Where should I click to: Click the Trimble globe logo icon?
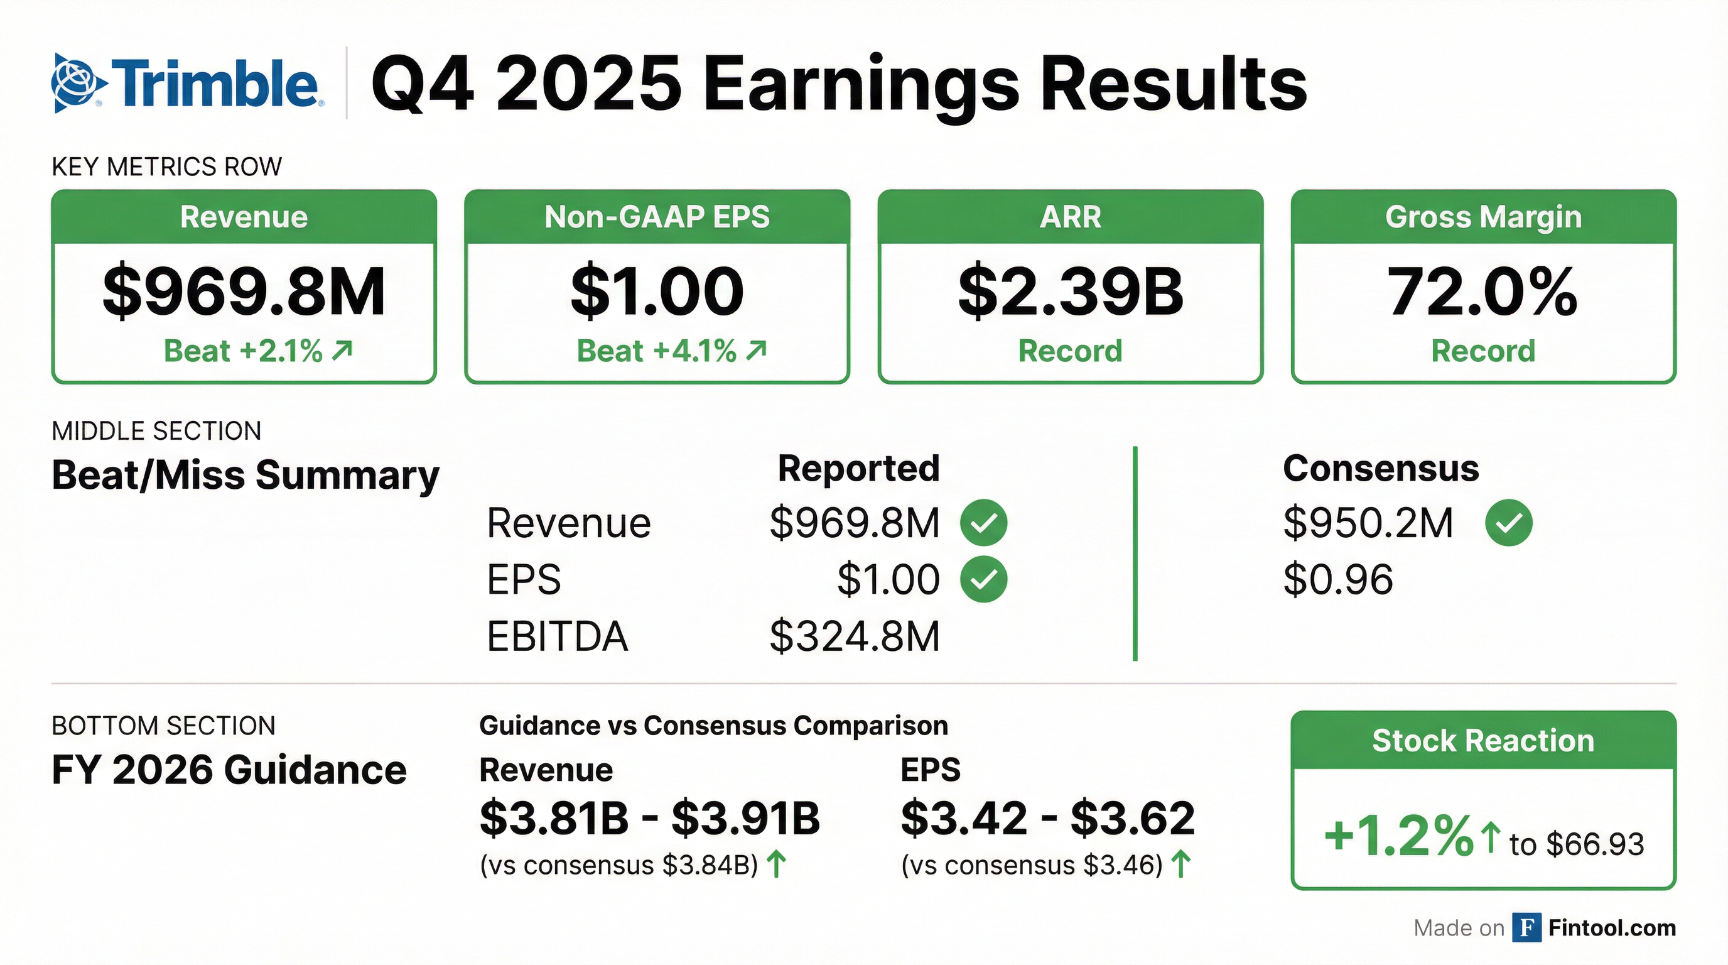point(78,83)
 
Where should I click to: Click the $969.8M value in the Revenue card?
point(244,292)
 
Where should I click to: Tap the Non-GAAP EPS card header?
point(657,217)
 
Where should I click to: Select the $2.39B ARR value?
point(1071,292)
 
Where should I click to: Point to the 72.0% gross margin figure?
point(1482,292)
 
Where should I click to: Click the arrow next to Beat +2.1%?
point(343,351)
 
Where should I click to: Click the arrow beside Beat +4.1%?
point(757,351)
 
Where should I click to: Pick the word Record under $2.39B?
point(1070,351)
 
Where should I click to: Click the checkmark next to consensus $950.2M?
point(1509,523)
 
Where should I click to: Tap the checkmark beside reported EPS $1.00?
point(983,579)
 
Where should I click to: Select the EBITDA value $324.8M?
point(855,636)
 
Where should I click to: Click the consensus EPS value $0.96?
point(1337,579)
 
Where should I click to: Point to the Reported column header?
point(858,469)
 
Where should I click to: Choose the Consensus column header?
point(1381,469)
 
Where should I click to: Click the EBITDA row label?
point(558,636)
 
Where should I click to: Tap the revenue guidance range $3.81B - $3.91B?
point(649,818)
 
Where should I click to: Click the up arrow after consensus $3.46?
point(1181,864)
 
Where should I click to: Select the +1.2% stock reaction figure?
point(1398,837)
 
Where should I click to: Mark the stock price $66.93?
point(1594,844)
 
